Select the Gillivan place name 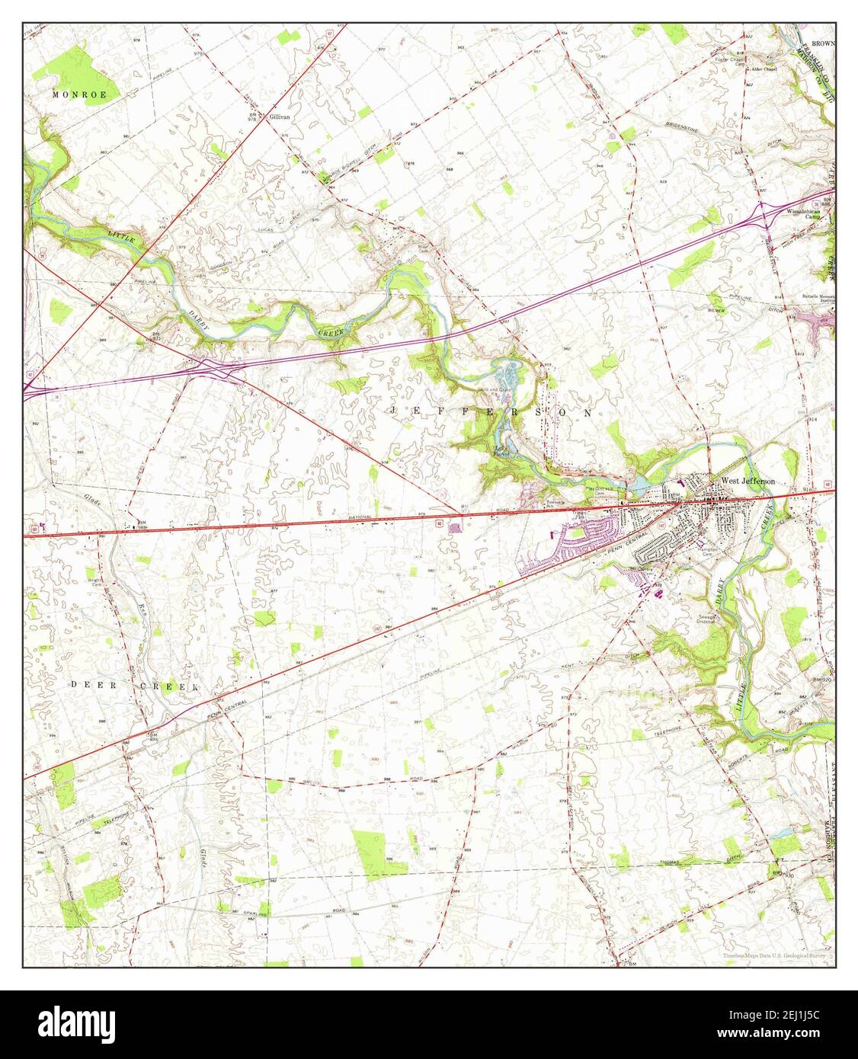pos(280,117)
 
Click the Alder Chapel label pos(763,69)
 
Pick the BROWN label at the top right pos(822,43)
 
